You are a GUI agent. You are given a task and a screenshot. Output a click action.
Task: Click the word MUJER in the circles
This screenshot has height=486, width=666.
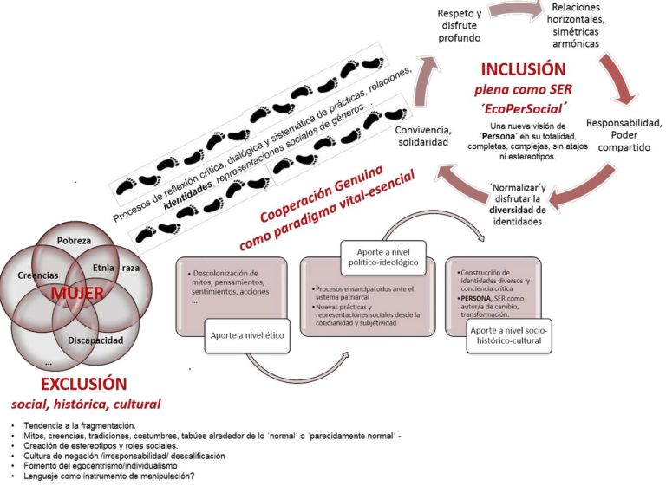77,294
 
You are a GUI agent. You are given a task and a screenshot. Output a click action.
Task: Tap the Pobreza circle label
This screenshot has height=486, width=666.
74,239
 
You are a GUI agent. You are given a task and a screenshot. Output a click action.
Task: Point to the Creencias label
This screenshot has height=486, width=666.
38,275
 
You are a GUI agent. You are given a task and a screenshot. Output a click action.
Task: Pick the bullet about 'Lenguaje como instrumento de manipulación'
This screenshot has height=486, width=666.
128,477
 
